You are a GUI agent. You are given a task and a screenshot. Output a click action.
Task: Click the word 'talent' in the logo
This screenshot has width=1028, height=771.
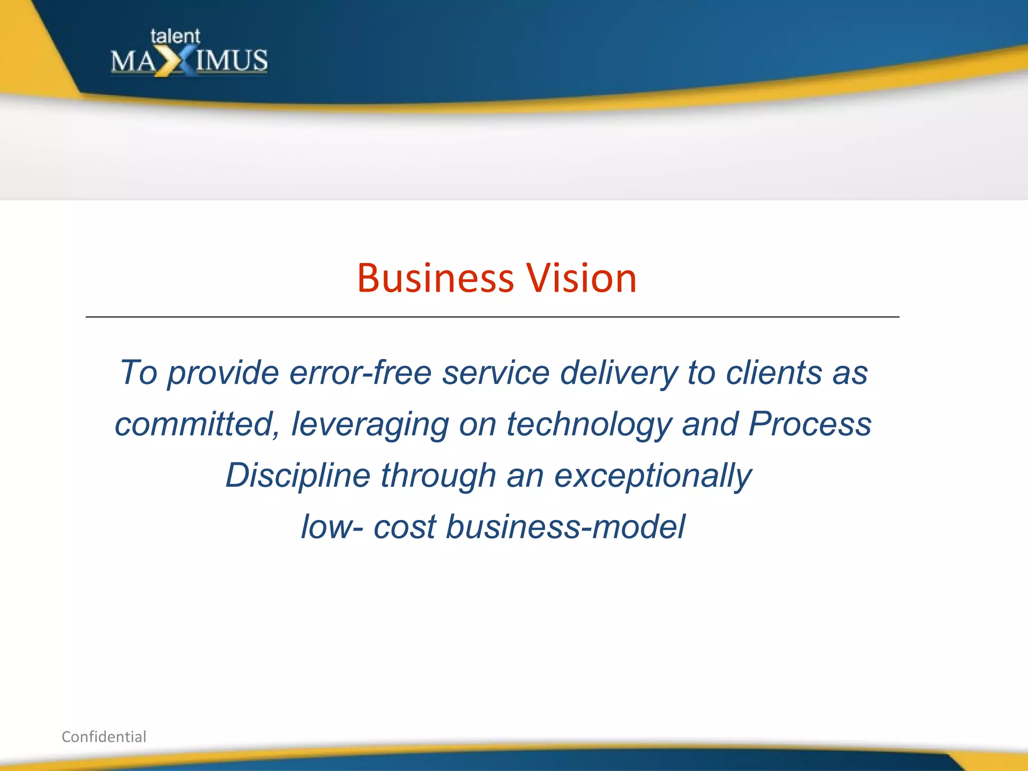[175, 37]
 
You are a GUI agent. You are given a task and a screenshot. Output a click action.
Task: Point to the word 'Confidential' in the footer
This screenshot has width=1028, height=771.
[104, 736]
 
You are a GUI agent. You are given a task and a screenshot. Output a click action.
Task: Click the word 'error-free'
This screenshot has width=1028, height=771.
[360, 372]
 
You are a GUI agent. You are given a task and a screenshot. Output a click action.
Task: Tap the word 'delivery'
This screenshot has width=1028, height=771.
[619, 373]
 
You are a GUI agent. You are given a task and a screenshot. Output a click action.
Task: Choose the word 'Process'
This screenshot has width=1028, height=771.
[810, 424]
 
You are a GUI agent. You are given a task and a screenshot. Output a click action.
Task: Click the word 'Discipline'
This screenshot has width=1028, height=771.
[298, 476]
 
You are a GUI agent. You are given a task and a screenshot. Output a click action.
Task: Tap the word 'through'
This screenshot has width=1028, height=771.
[438, 476]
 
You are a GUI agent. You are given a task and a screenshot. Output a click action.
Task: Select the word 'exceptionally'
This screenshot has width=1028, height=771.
[653, 476]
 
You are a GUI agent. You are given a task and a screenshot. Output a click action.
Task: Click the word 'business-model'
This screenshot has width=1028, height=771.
[565, 527]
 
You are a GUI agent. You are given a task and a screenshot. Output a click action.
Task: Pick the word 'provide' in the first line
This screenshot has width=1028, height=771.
[223, 373]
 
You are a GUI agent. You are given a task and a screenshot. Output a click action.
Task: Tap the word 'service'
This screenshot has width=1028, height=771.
[495, 372]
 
